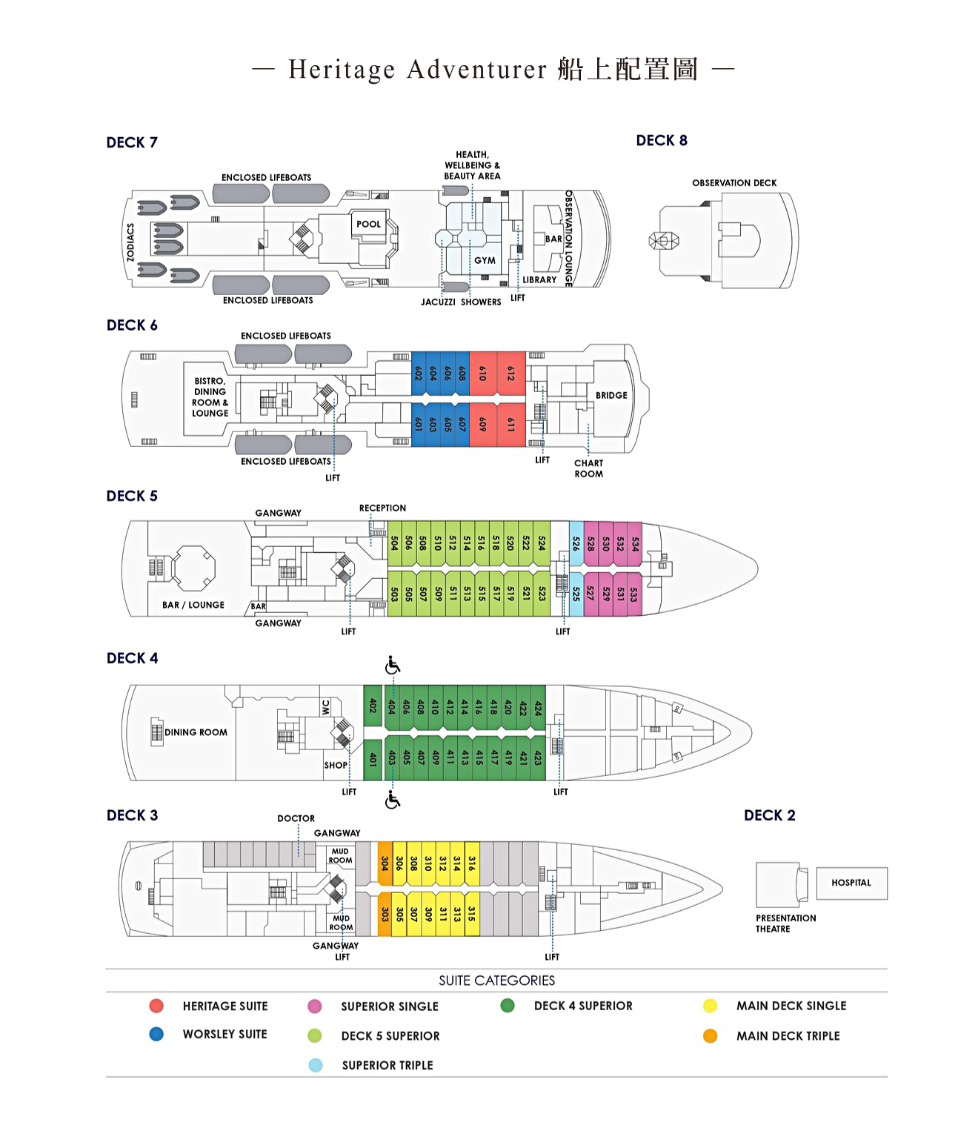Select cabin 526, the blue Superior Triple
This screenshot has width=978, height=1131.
(x=576, y=543)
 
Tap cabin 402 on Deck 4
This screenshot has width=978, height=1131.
(x=373, y=706)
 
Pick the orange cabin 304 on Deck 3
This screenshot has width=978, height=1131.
(x=385, y=863)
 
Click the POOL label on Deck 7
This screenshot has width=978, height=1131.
(x=368, y=224)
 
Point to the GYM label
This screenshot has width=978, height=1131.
(x=485, y=260)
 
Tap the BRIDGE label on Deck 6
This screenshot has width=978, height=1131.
(x=611, y=395)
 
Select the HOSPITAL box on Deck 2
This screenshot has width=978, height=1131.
(x=851, y=883)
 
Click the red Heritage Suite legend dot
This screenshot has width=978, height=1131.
(x=156, y=1006)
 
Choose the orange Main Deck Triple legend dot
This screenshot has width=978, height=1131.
(x=710, y=1036)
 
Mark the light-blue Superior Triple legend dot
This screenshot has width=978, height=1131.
(x=316, y=1065)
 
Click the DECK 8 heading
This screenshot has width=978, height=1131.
(x=662, y=141)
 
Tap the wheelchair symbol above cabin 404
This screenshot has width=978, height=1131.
(x=393, y=666)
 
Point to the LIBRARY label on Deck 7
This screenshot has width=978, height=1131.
(x=539, y=280)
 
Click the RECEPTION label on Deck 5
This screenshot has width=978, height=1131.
(x=382, y=508)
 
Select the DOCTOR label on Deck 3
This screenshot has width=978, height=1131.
(x=296, y=818)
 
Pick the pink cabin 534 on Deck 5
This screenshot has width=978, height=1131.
(x=635, y=543)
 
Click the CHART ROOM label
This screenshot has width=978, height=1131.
(x=589, y=468)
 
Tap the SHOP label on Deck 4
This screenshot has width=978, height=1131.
(x=336, y=765)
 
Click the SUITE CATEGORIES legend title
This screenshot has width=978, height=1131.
(x=496, y=981)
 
